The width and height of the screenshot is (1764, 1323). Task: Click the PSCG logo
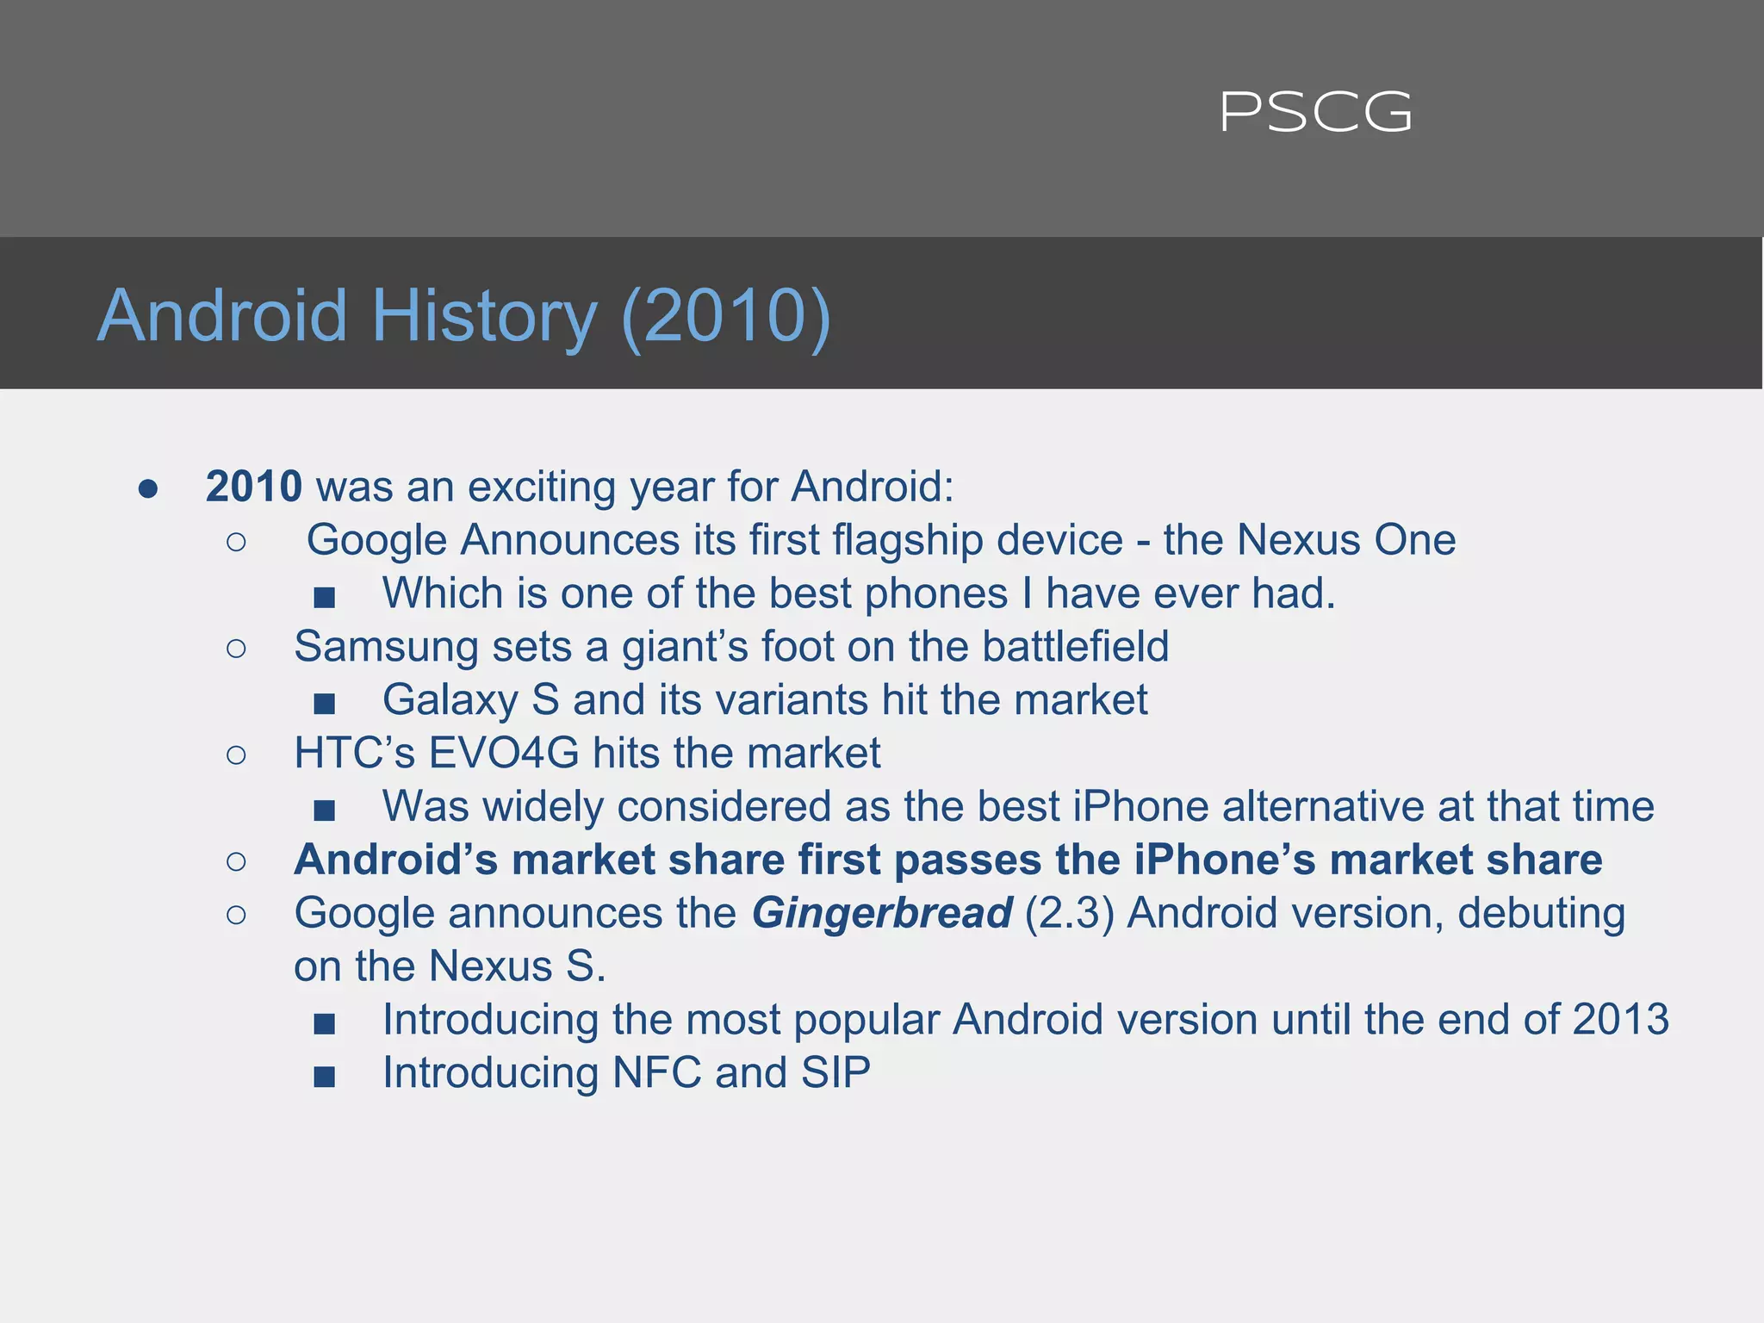coord(1315,113)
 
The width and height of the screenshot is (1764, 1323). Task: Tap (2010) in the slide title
coord(725,316)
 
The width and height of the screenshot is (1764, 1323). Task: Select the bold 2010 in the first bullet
coord(253,487)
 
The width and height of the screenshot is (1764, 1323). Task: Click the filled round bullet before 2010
coord(148,489)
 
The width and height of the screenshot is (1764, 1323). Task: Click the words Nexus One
coord(1346,541)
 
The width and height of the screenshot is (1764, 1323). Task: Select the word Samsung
coord(385,648)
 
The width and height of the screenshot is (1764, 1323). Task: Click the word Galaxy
coord(450,700)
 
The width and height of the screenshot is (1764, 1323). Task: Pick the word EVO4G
coord(503,754)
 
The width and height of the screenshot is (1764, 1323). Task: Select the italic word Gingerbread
coord(882,914)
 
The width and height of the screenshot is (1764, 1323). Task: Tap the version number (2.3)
coord(1069,914)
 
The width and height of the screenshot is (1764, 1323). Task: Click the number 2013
coord(1620,1020)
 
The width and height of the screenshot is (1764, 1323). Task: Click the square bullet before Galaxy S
coord(325,705)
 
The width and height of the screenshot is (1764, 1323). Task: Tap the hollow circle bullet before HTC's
coord(236,755)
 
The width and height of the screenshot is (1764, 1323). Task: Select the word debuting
coord(1541,914)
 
